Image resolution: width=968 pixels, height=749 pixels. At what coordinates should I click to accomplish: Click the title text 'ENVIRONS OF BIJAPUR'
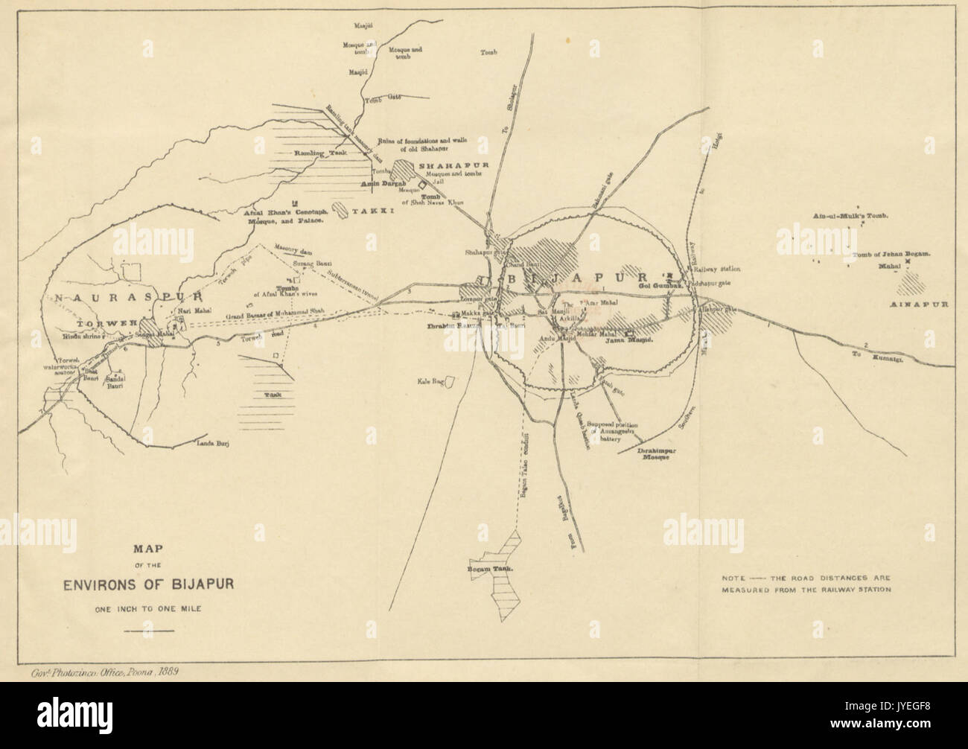[x=149, y=581]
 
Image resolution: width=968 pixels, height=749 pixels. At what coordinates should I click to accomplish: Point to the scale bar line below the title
[x=148, y=631]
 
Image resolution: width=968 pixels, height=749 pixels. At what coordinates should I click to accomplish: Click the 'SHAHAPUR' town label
[x=445, y=165]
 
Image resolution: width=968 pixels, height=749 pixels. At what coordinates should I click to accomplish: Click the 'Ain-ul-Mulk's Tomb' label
[x=851, y=216]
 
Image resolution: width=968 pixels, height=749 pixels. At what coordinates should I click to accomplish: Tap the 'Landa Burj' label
[x=210, y=444]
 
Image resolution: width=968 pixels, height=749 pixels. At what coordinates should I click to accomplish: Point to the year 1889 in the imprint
[x=169, y=670]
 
